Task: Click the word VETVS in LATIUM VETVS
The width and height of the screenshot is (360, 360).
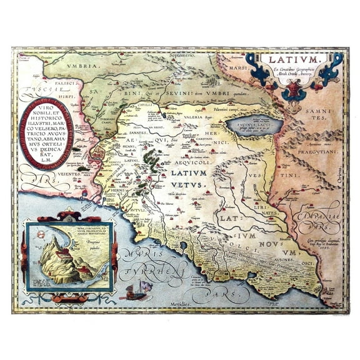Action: point(191,186)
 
